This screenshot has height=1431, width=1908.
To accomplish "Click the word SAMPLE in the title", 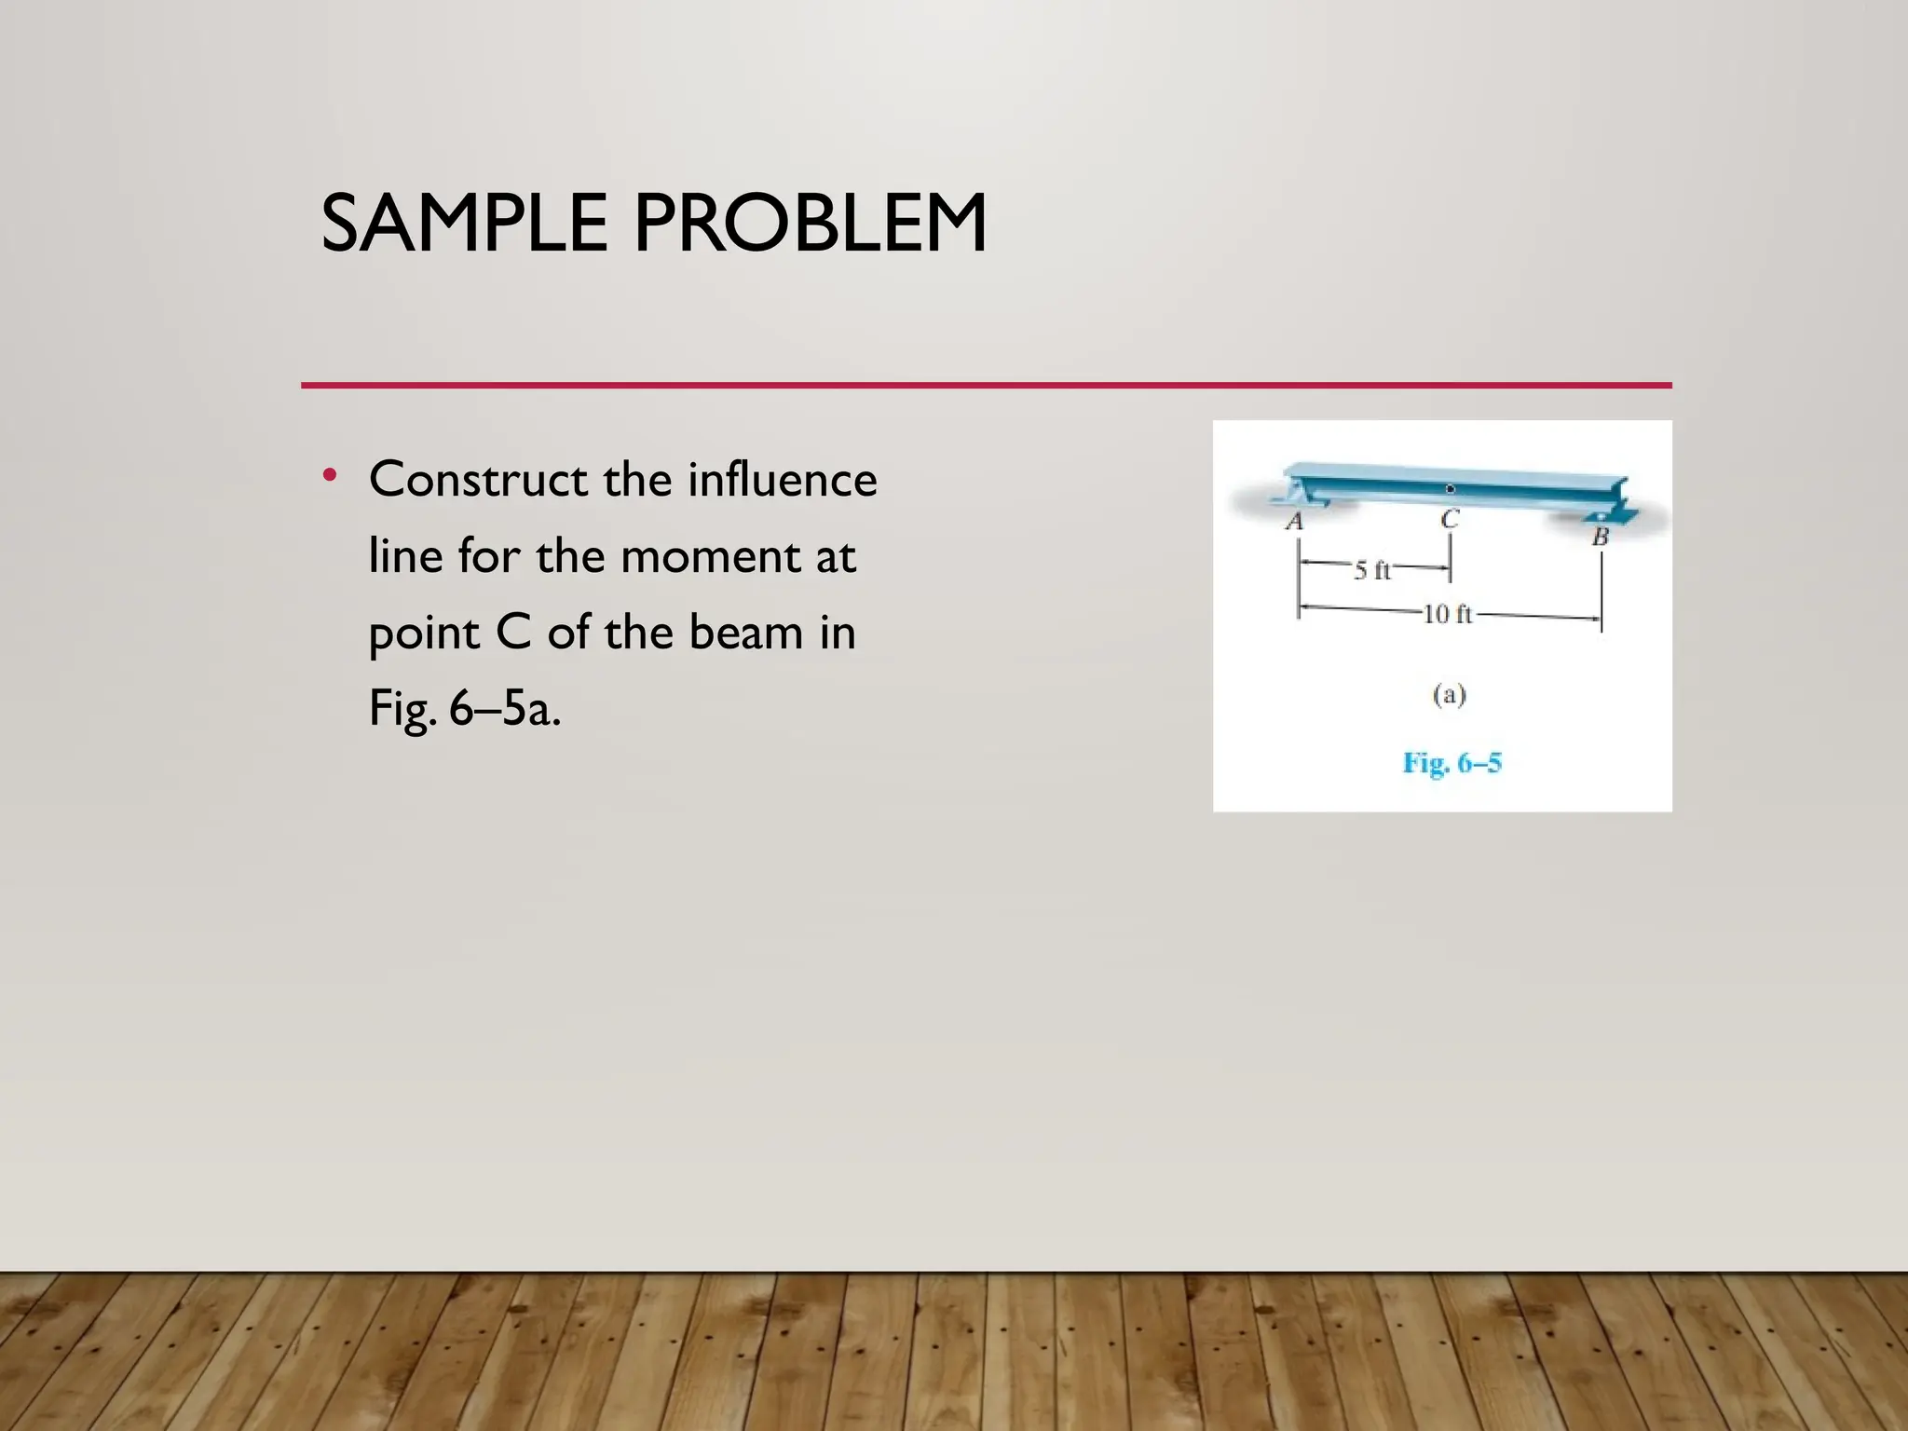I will (x=464, y=224).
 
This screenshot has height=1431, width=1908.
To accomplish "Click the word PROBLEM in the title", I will (x=811, y=224).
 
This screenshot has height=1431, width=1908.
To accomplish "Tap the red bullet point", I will (x=329, y=476).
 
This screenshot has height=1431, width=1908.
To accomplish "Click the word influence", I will (x=783, y=481).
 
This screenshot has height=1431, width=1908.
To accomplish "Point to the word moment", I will (x=709, y=557).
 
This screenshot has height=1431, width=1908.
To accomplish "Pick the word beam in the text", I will (x=746, y=634).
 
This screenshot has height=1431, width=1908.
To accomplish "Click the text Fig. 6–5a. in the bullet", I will (x=465, y=710).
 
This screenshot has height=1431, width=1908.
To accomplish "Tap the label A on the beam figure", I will (x=1294, y=522).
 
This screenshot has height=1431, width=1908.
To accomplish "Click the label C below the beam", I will (x=1450, y=519).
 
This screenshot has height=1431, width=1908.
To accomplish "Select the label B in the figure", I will (x=1601, y=537).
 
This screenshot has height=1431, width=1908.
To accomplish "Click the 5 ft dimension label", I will (x=1372, y=570).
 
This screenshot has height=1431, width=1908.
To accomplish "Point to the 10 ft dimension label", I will (x=1448, y=614).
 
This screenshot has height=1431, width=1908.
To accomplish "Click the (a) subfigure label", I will (x=1449, y=695).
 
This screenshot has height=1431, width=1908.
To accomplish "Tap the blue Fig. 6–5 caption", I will (x=1452, y=764).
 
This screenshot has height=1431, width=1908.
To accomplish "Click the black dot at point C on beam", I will (x=1450, y=489).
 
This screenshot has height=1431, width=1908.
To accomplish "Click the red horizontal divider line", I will (x=986, y=385).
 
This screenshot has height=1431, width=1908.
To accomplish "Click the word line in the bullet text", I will (x=405, y=557).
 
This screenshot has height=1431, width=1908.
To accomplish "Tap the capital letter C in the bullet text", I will (x=513, y=634).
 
